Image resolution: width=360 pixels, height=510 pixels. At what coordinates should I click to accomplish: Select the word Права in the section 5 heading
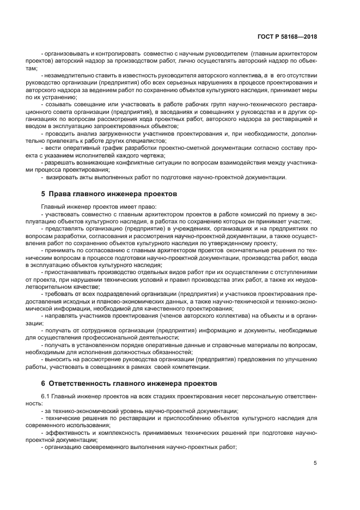coord(62,194)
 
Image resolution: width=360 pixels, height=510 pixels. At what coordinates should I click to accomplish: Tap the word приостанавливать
coord(70,271)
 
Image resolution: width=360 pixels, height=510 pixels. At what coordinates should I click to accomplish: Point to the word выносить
coord(59,360)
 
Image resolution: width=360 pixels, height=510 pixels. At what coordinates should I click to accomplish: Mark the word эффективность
coord(68,433)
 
